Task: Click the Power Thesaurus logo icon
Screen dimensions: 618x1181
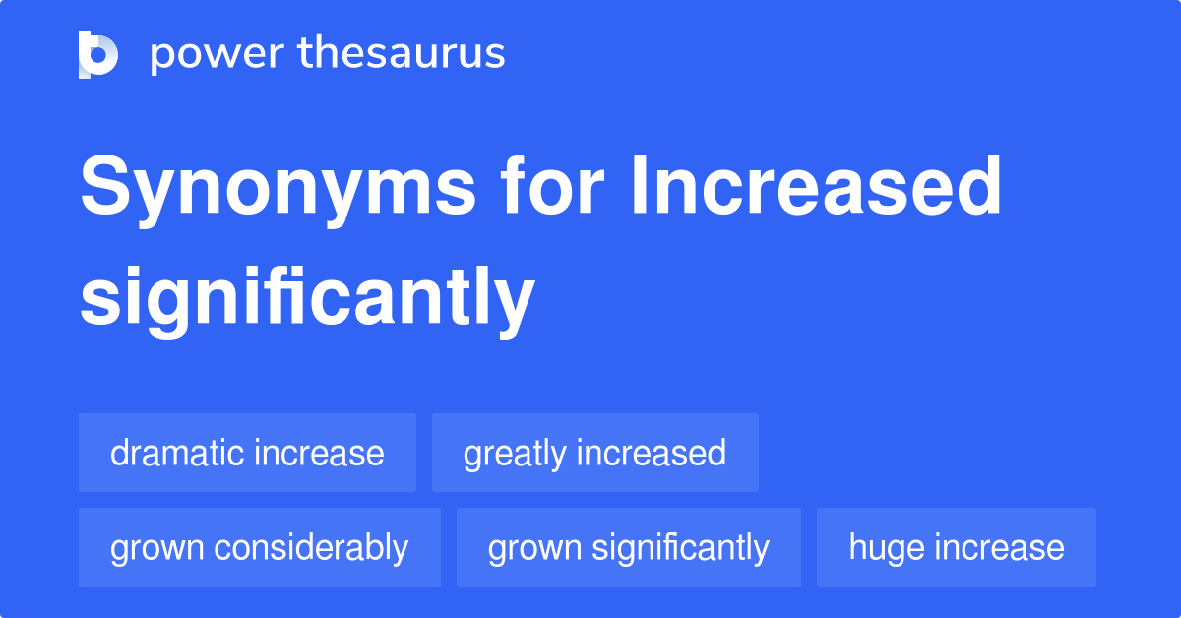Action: point(98,54)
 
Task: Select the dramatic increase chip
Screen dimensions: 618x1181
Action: point(247,453)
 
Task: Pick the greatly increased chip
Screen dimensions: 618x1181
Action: point(594,453)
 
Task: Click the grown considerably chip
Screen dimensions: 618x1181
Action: point(259,547)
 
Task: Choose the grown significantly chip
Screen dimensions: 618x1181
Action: point(628,547)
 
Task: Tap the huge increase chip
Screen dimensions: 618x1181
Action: point(956,547)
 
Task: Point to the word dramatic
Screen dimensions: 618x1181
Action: point(177,453)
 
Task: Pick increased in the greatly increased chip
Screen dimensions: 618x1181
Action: point(651,453)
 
